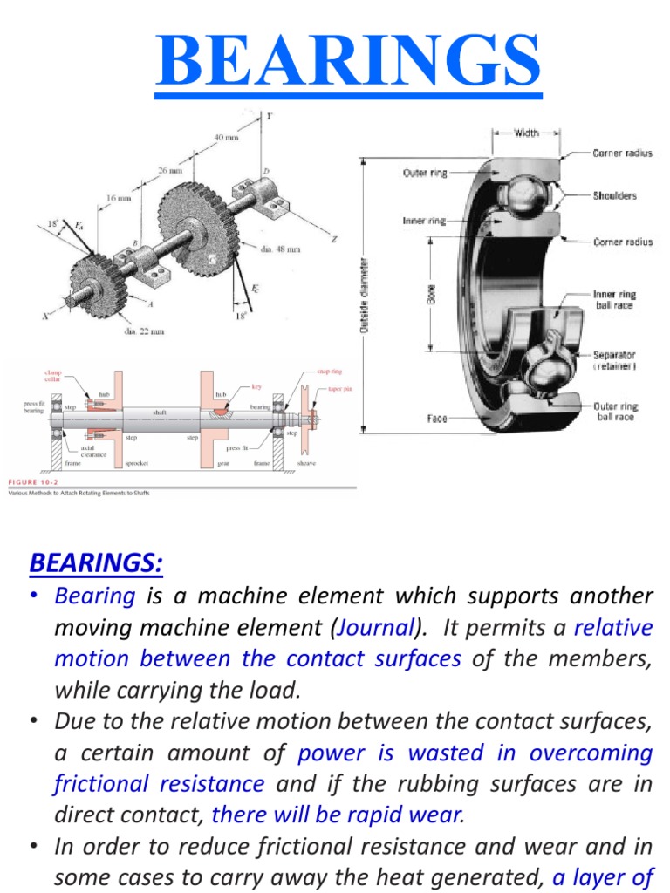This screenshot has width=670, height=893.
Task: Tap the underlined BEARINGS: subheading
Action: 96,563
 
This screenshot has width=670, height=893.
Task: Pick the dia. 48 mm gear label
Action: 280,249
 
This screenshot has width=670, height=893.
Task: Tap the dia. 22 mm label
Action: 144,331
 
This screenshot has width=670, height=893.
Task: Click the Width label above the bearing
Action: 526,133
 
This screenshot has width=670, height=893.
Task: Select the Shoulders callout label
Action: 615,195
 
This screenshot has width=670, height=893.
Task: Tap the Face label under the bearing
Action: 437,419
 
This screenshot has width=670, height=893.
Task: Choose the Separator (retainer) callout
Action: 614,361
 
